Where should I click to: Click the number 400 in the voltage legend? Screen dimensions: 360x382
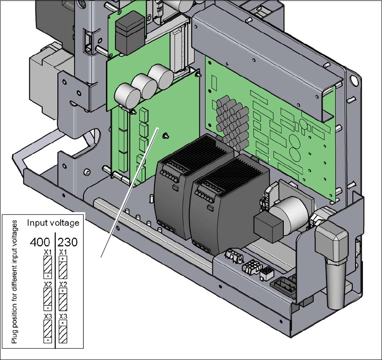click(40, 242)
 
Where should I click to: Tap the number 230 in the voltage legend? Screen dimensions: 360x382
click(67, 242)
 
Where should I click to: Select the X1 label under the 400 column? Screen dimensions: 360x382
click(48, 252)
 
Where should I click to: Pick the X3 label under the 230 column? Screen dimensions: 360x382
click(63, 317)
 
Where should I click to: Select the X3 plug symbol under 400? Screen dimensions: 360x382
click(48, 332)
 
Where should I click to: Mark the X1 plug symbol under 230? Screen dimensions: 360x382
click(63, 267)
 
